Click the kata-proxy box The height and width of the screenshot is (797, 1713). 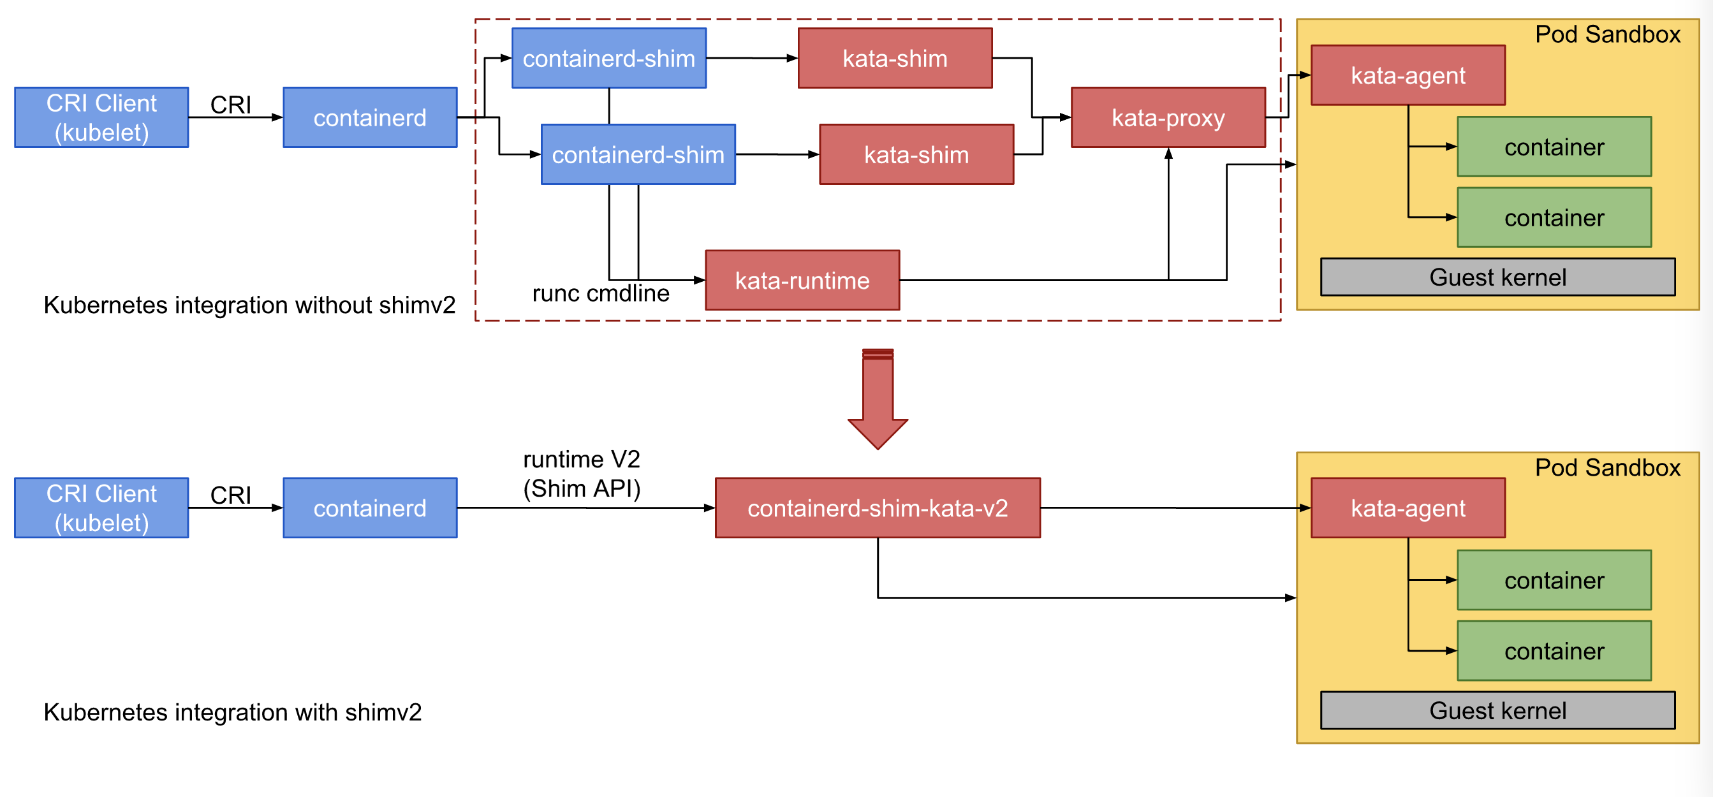point(1168,118)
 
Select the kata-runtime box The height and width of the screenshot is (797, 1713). point(802,281)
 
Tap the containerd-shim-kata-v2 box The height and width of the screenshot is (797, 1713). point(877,508)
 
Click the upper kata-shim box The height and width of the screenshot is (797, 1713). point(894,59)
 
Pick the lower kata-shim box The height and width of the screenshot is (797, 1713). point(916,155)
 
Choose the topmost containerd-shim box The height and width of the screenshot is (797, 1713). point(608,59)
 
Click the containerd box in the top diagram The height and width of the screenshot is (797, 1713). point(370,118)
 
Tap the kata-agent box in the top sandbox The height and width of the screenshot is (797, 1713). point(1407,76)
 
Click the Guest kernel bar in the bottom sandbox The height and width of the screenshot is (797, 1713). point(1497,710)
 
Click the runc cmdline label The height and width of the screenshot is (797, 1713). point(601,293)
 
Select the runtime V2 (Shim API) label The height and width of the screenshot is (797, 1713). point(581,474)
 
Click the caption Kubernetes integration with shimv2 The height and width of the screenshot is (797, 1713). point(232,712)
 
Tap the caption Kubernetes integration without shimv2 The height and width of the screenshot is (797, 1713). point(249,305)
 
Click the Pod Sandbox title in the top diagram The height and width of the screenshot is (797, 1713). point(1606,34)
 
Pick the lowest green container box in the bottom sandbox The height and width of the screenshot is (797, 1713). point(1554,651)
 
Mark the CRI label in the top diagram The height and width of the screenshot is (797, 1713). point(230,105)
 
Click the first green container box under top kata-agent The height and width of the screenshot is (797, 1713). point(1554,147)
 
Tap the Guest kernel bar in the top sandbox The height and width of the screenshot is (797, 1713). point(1497,277)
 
